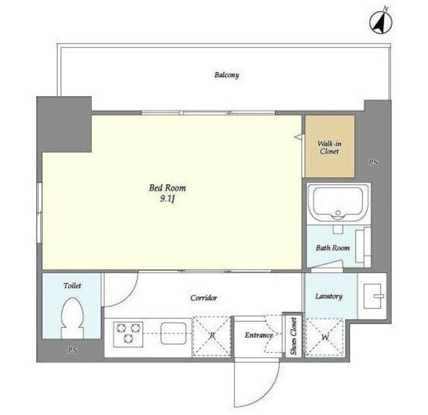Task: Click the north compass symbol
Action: tap(381, 21)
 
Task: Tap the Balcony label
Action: tap(227, 75)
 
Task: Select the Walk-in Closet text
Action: tap(330, 147)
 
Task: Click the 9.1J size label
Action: tap(167, 199)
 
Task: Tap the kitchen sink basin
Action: tap(173, 333)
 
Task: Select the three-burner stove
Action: tap(128, 334)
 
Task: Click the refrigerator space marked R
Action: tap(212, 336)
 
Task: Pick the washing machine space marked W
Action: tap(325, 337)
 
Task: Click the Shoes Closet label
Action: tap(294, 336)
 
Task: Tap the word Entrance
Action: tap(259, 335)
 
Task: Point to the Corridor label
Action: tap(203, 298)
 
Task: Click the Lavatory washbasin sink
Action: tap(372, 296)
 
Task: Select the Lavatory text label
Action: tap(328, 297)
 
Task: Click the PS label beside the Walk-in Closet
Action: tap(373, 162)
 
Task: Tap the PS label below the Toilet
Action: tap(72, 350)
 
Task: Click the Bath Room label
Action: tap(332, 248)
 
